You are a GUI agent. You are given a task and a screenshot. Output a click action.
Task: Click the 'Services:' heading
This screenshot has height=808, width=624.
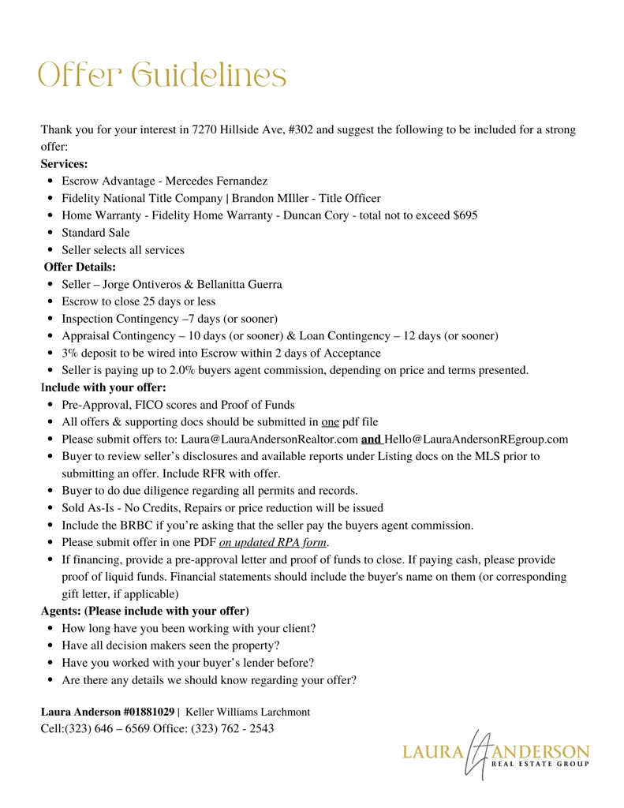[x=64, y=164]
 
